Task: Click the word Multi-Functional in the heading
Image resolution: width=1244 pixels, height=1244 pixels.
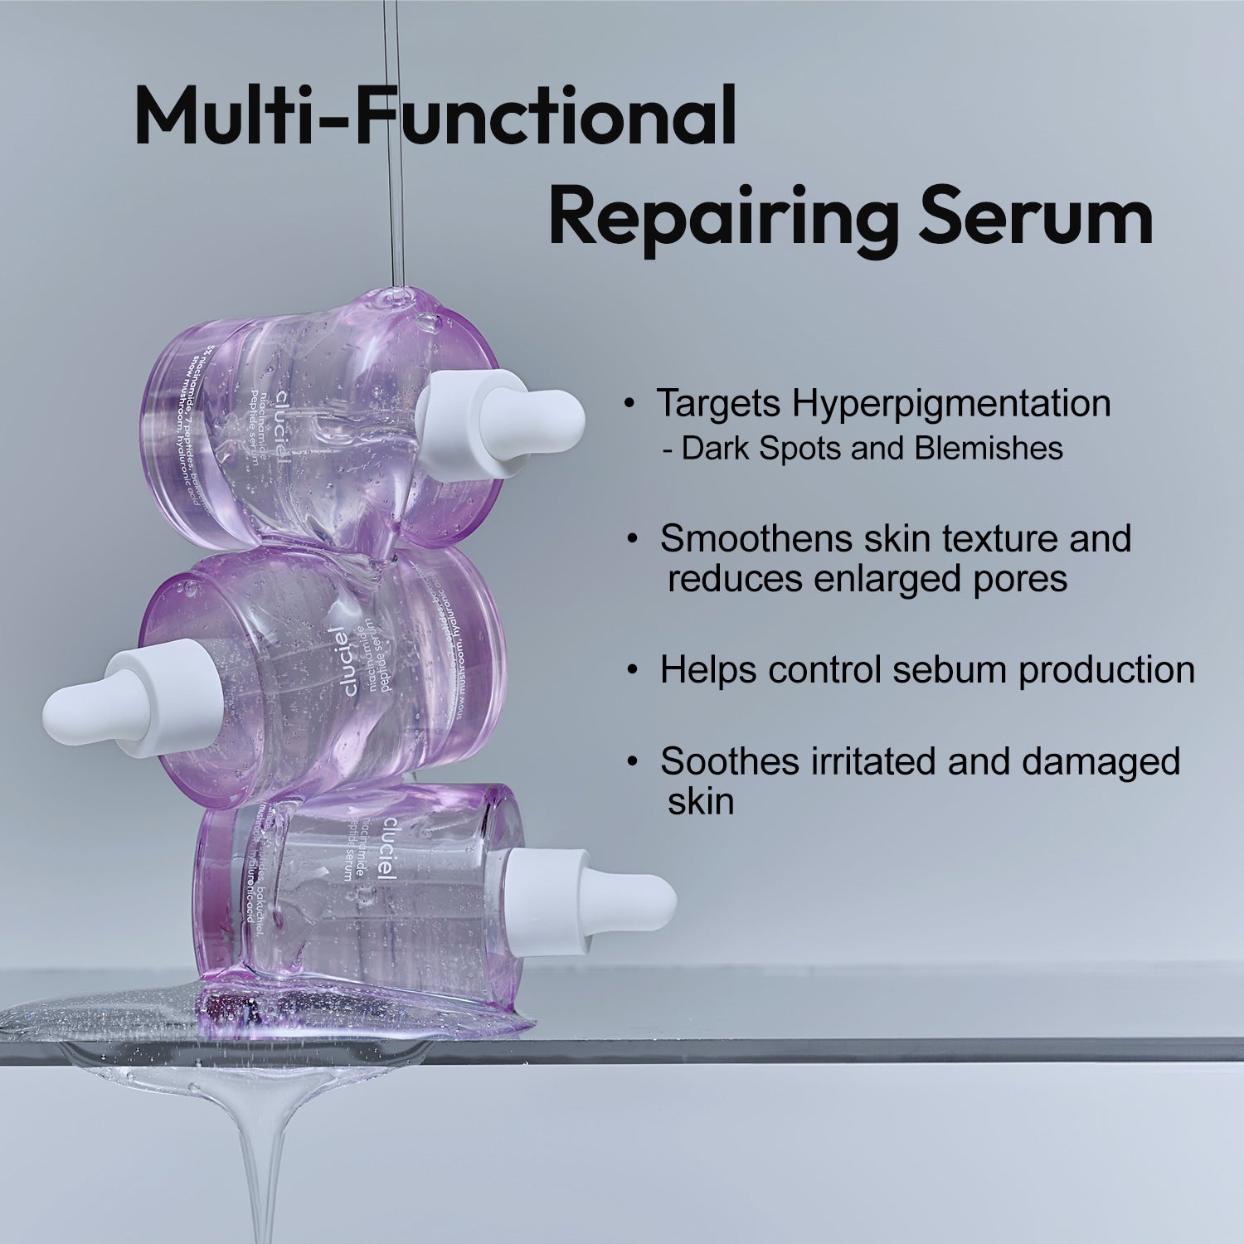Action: pyautogui.click(x=435, y=116)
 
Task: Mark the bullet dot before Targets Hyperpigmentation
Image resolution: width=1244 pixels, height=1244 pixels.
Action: pyautogui.click(x=631, y=404)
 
